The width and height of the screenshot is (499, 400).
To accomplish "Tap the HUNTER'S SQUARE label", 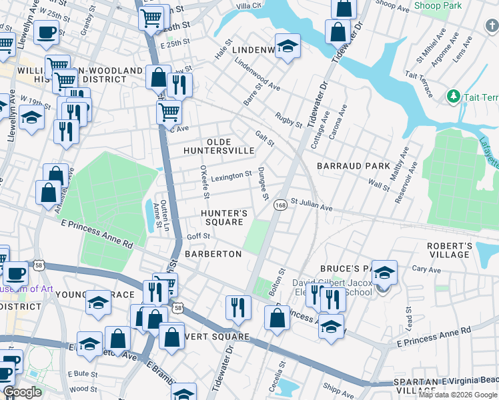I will click(225, 217).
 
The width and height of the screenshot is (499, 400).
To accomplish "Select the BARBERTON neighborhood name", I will click(213, 254).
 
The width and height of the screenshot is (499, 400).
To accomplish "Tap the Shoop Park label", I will click(438, 5).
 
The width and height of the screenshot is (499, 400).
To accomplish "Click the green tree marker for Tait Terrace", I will click(454, 97).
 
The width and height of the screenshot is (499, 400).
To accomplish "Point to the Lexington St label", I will click(231, 177).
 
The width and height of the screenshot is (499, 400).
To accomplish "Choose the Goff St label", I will click(198, 236).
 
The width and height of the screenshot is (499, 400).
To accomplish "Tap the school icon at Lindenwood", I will click(288, 46).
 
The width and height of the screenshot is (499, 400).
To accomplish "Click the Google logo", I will click(22, 392).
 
